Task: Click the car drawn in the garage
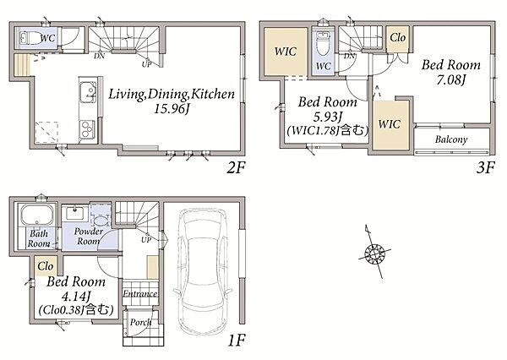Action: point(203,273)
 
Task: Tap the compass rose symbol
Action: point(374,251)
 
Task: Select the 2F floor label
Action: point(236,168)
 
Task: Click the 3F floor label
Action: point(485,167)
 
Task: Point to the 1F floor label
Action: point(237,341)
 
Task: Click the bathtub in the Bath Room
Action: point(37,215)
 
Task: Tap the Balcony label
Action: point(451,139)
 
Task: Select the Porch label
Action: point(140,323)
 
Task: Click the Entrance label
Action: point(140,294)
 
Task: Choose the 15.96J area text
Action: point(171,109)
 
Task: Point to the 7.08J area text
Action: point(450,79)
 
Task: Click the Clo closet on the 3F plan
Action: point(397,39)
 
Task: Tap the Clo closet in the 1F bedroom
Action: point(46,266)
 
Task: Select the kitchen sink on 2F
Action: point(88,92)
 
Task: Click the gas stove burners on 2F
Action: point(87,129)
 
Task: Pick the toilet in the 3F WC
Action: point(322,44)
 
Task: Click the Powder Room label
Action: point(88,237)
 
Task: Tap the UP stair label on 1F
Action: point(146,240)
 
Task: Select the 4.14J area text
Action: point(75,296)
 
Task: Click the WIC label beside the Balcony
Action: point(389,124)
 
